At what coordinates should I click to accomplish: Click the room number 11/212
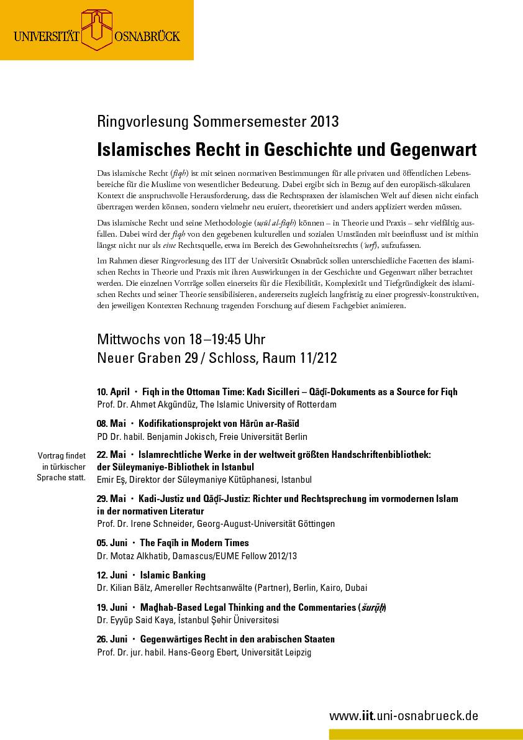point(315,359)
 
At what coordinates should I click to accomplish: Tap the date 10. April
point(113,392)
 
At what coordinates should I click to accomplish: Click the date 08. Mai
point(111,424)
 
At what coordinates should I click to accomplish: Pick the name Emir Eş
point(109,480)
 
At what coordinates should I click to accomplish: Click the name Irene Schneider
point(165,524)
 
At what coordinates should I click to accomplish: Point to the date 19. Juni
point(112,607)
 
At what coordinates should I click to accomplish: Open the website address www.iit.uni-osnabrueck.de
point(404,716)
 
